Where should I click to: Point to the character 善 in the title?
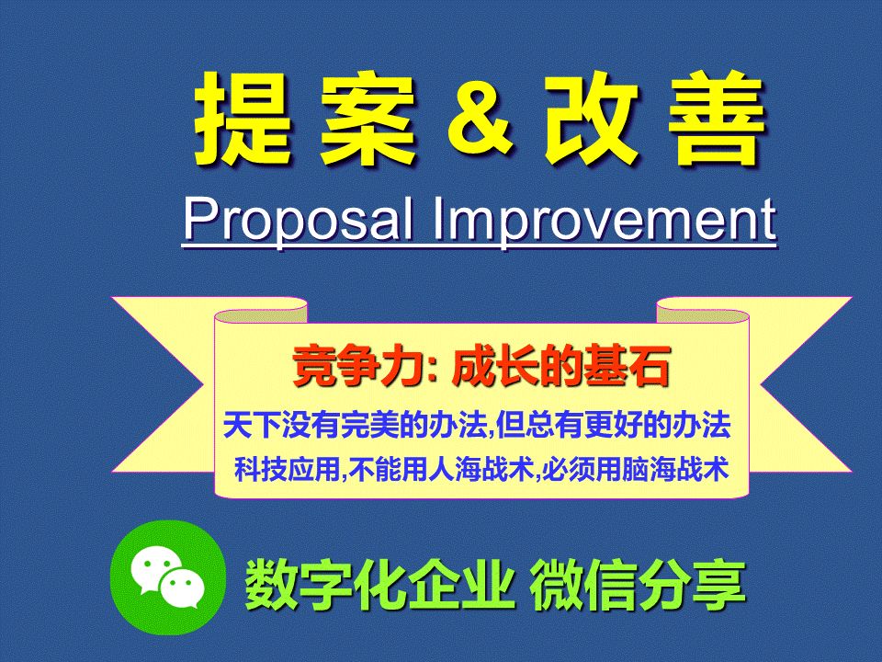click(x=714, y=118)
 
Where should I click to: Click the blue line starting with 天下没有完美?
click(x=477, y=426)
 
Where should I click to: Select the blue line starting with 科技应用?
click(x=481, y=471)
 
